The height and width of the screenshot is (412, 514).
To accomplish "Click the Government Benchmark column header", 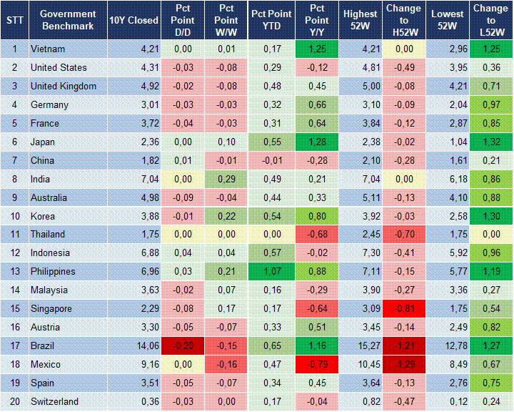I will pos(68,20).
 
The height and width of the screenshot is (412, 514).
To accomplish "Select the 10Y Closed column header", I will pos(133,20).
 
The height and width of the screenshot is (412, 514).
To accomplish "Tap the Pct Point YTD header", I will pos(271,20).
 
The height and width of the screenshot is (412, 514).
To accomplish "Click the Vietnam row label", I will pos(48,49).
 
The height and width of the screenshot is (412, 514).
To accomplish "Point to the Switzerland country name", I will pos(54,401).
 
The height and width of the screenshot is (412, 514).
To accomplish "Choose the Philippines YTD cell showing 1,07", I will pos(271,272).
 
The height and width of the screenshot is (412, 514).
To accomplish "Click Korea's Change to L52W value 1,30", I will pos(490,216).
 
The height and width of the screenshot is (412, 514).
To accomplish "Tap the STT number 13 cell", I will pos(14,272).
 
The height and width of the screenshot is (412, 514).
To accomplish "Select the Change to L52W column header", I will pos(490,20).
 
